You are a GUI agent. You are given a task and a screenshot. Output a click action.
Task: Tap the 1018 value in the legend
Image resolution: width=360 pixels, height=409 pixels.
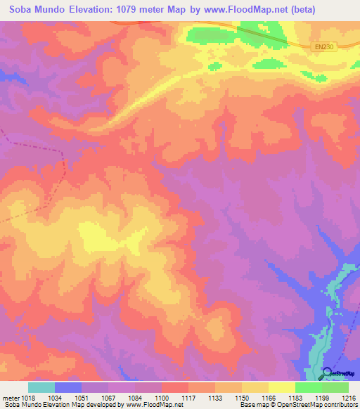(27, 398)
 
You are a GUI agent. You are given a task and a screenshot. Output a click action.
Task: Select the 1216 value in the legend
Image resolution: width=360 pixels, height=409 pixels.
(348, 398)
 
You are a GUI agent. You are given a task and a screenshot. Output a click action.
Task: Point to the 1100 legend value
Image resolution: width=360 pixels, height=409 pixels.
(161, 398)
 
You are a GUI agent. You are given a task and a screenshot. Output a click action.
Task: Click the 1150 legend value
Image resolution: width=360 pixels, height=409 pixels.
(241, 398)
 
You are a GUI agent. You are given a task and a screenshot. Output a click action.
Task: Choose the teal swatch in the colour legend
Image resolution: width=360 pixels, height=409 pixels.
(41, 387)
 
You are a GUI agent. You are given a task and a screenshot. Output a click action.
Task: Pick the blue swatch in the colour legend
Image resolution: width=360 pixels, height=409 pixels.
(68, 387)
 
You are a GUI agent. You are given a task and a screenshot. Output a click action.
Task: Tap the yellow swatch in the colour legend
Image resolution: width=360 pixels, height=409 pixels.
(281, 387)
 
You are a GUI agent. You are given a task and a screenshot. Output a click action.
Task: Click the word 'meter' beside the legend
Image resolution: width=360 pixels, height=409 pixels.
(9, 398)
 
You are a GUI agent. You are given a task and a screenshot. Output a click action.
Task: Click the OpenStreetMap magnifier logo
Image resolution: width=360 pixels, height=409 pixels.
(326, 374)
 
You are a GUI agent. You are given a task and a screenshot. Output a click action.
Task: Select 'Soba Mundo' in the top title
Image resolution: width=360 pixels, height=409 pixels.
(32, 10)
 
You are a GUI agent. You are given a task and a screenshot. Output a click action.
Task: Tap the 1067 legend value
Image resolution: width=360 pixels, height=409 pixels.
(108, 398)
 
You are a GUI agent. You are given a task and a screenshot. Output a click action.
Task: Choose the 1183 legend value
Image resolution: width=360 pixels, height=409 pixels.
(295, 398)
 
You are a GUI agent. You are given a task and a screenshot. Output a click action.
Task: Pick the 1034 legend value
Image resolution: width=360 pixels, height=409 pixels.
(54, 398)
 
